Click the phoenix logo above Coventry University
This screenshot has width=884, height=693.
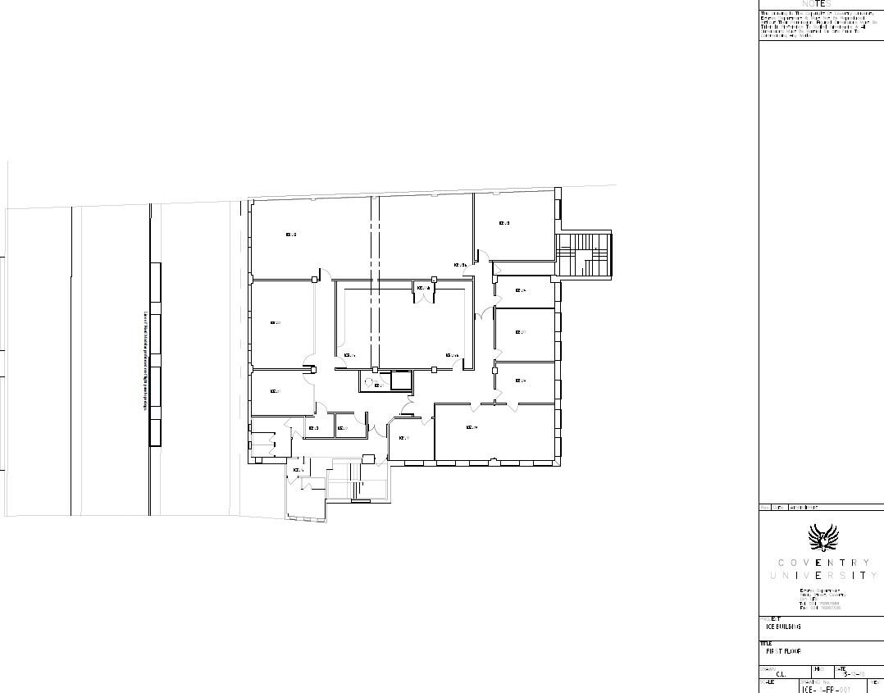822,538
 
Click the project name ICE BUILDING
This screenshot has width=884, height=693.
783,627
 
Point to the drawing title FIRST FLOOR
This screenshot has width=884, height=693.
783,652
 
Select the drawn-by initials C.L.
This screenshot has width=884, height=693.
782,675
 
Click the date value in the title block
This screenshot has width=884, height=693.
854,674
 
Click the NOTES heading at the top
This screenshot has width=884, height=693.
816,4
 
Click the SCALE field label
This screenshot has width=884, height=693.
767,682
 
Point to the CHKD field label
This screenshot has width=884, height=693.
819,669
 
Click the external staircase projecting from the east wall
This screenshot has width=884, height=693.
584,255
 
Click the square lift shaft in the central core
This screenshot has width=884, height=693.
401,380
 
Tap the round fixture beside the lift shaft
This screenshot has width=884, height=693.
368,381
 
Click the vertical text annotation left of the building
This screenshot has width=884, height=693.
146,360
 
